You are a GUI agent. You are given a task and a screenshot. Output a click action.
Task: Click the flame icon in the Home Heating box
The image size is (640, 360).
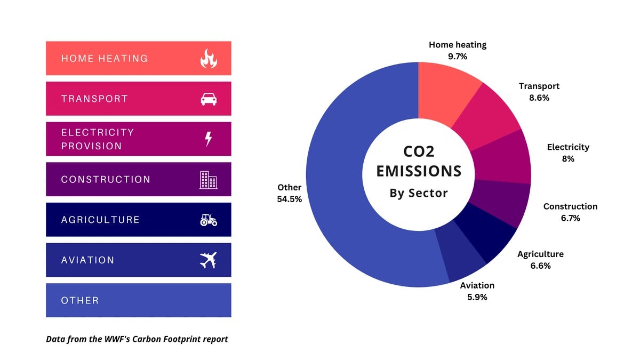click(x=209, y=58)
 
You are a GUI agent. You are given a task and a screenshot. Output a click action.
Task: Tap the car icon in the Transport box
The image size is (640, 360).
click(x=209, y=99)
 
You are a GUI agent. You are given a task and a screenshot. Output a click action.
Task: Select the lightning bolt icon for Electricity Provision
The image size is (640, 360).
click(x=209, y=139)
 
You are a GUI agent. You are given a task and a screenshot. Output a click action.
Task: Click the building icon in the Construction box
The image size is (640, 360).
click(x=209, y=180)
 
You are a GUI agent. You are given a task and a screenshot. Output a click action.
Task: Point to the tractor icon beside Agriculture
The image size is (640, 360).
click(x=209, y=220)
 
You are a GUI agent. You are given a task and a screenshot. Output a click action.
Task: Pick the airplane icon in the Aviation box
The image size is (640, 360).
click(x=209, y=260)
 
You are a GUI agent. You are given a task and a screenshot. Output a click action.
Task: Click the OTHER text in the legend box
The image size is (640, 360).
click(x=80, y=300)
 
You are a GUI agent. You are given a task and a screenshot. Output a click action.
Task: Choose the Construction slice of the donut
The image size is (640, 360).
click(x=501, y=203)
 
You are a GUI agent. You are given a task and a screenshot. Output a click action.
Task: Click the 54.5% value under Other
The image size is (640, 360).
click(x=289, y=199)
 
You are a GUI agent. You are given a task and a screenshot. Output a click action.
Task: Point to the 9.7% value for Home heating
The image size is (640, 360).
click(x=458, y=56)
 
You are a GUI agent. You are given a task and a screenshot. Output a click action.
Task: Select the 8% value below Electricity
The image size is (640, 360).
click(x=568, y=158)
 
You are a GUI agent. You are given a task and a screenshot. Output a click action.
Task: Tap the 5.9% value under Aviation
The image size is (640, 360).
click(x=477, y=297)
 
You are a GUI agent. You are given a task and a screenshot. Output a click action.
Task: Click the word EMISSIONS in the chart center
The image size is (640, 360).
click(x=419, y=171)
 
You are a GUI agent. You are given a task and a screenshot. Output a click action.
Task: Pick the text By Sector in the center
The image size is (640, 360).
click(x=419, y=193)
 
